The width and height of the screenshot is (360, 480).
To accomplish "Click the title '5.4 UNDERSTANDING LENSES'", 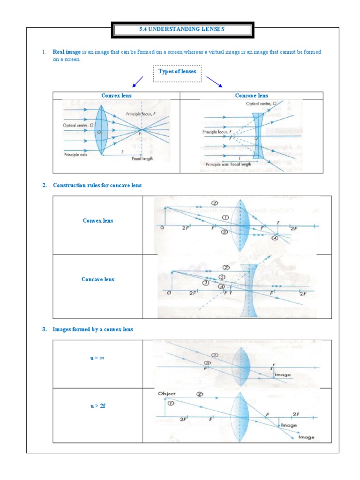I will click(x=182, y=29).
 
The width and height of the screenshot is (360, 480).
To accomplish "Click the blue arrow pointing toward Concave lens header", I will click(x=214, y=82).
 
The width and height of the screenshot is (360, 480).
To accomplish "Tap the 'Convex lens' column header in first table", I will click(x=116, y=96).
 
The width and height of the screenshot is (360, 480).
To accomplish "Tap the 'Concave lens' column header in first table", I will click(x=251, y=96).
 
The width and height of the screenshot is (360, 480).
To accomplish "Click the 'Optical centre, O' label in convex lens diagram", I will click(x=78, y=125).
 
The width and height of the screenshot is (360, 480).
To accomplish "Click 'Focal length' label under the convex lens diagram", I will click(x=142, y=158).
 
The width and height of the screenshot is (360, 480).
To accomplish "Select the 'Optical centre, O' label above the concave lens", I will click(x=261, y=104).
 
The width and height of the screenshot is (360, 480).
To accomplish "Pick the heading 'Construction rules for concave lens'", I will click(x=97, y=185).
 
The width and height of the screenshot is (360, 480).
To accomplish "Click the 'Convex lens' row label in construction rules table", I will click(x=97, y=220).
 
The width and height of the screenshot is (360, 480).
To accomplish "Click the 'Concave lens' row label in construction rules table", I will click(x=97, y=279).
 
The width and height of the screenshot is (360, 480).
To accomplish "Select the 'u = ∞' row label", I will click(x=97, y=358).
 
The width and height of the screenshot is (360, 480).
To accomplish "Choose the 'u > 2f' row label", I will click(x=97, y=406).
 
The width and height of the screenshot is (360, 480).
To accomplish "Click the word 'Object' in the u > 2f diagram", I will click(x=166, y=393).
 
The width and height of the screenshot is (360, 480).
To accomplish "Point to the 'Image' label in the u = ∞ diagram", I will click(x=283, y=375).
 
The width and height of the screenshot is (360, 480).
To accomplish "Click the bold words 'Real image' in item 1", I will click(x=67, y=52).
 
